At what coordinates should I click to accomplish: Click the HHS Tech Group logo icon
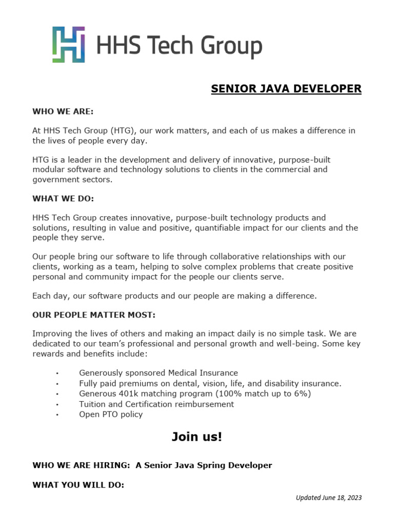pos(68,45)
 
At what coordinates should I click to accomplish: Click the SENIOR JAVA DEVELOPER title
pos(286,89)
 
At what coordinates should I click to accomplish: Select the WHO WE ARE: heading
pos(63,111)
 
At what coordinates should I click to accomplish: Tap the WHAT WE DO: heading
pos(63,198)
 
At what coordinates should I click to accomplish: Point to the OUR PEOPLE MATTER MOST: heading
pos(93,314)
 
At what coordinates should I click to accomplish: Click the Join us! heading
pos(197,437)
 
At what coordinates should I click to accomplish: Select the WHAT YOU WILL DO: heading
pos(78,484)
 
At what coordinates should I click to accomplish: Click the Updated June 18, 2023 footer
pos(329,497)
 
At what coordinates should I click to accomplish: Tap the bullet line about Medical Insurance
pos(158,373)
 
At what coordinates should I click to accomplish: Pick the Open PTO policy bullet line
pos(111,414)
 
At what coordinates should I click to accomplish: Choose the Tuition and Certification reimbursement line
pos(156,404)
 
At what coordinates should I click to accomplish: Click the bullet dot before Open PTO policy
pos(57,415)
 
